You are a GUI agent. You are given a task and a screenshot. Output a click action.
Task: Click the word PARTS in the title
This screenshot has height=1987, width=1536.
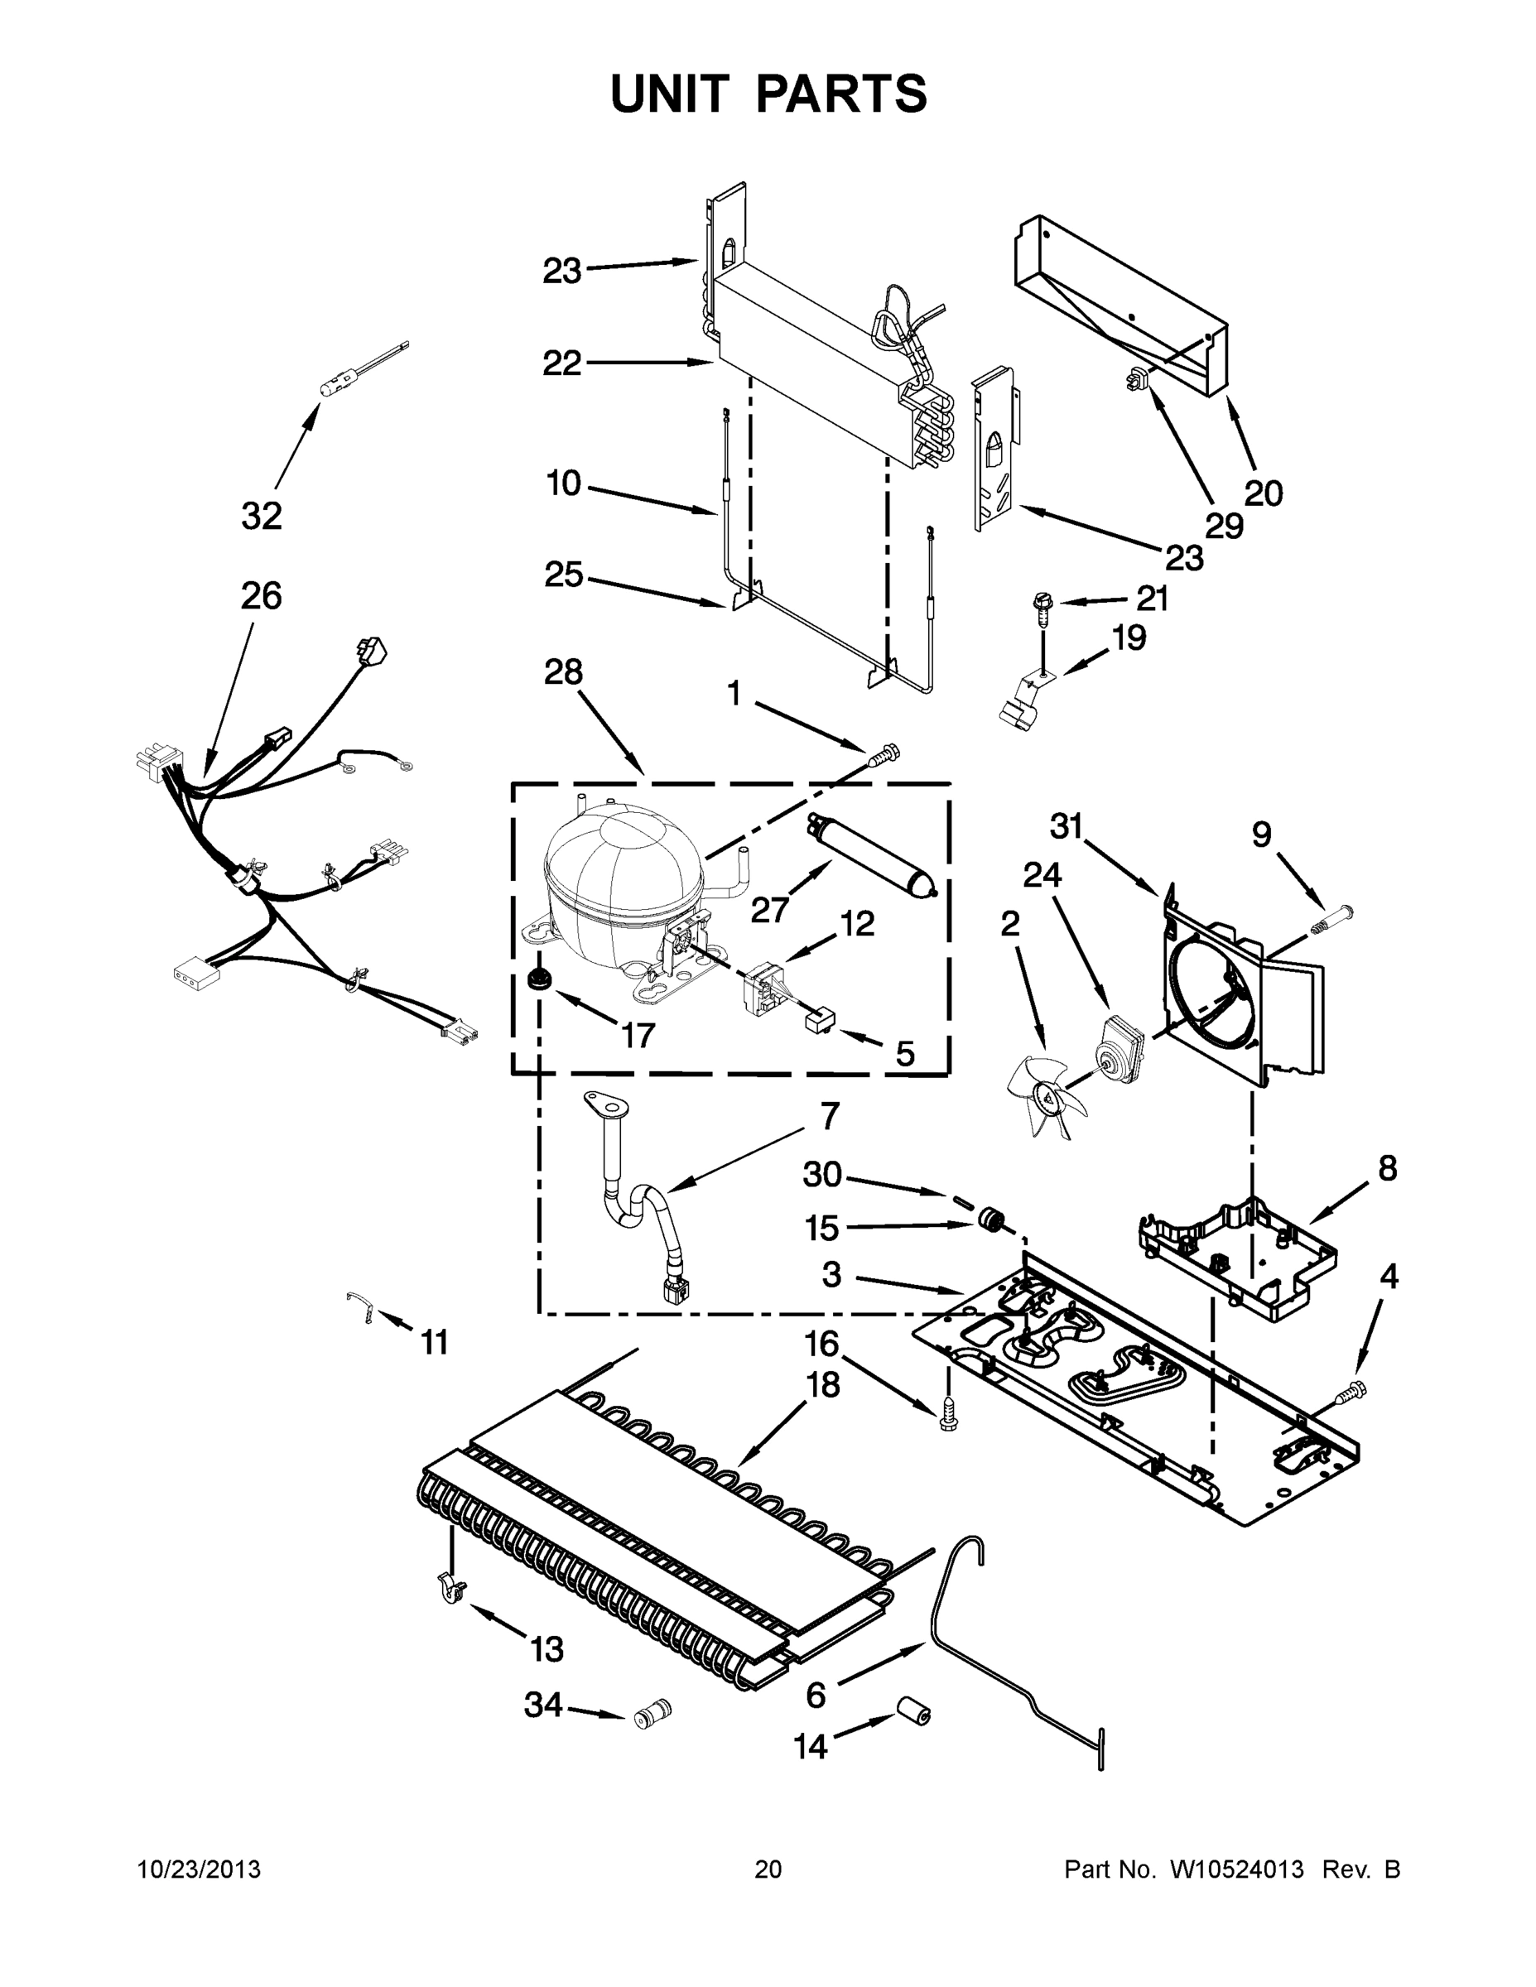(840, 94)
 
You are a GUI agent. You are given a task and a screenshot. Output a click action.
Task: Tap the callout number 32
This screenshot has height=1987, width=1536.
(261, 516)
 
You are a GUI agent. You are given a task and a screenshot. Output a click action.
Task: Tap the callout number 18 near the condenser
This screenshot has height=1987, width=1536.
(821, 1385)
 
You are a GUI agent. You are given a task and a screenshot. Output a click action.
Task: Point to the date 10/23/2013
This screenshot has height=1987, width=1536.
(199, 1869)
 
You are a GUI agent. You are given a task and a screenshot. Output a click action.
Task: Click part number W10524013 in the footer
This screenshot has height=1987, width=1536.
(1236, 1869)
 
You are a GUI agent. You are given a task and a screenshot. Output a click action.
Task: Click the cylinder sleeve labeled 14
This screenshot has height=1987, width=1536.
(912, 1711)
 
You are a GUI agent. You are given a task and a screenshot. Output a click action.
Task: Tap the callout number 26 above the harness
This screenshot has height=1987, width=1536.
(261, 596)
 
